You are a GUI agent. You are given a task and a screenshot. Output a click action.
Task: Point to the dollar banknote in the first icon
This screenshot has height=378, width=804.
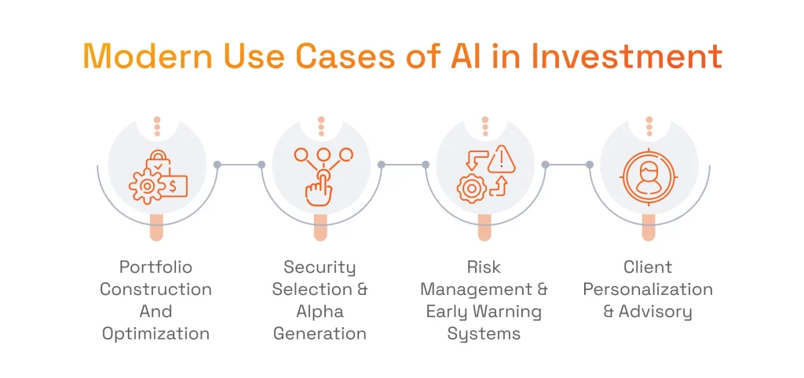click(174, 185)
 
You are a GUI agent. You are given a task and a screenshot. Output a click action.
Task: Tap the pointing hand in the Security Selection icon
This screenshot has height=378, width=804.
click(319, 188)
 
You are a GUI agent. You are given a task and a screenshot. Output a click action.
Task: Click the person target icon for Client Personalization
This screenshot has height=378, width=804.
click(649, 176)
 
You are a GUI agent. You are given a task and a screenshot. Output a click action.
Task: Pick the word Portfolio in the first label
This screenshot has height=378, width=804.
click(155, 267)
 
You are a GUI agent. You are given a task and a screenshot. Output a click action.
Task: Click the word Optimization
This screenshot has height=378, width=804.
click(155, 333)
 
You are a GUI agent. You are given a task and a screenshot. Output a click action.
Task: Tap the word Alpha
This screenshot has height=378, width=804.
click(320, 311)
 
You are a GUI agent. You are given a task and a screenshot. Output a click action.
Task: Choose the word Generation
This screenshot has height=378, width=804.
click(320, 333)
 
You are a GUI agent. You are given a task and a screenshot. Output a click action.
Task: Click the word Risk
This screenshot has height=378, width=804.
click(484, 267)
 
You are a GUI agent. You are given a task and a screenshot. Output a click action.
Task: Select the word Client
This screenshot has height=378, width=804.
click(648, 267)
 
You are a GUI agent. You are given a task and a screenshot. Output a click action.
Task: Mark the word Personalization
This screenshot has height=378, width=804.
click(648, 289)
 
